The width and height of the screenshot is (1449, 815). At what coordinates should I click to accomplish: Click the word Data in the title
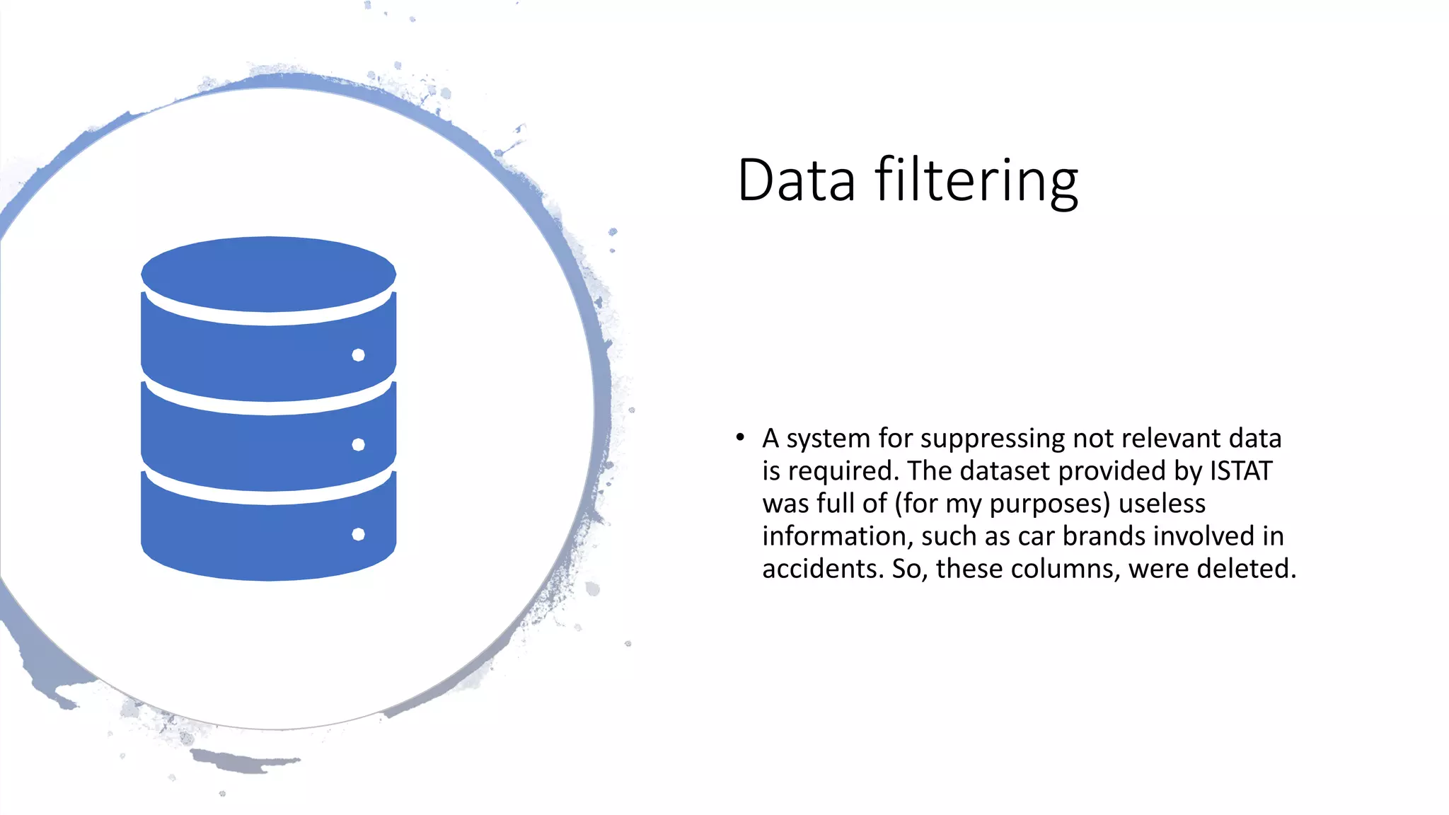pyautogui.click(x=796, y=180)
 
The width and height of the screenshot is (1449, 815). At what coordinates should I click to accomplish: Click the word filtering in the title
pyautogui.click(x=977, y=182)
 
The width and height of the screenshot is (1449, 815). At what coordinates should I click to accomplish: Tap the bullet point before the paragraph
pyautogui.click(x=740, y=437)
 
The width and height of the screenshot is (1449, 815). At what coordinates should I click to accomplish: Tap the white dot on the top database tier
pyautogui.click(x=359, y=355)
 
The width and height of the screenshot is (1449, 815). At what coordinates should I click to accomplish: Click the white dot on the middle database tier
pyautogui.click(x=359, y=444)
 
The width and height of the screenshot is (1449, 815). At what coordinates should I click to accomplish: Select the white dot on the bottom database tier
pyautogui.click(x=359, y=534)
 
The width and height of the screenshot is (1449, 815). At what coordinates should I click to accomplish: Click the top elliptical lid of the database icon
pyautogui.click(x=268, y=274)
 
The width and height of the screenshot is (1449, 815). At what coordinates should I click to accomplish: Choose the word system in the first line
pyautogui.click(x=829, y=439)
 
